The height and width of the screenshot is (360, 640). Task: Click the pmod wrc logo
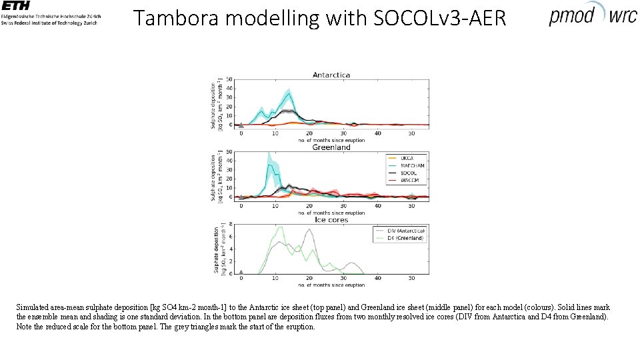tap(592, 15)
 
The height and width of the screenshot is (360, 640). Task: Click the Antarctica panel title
tap(331, 75)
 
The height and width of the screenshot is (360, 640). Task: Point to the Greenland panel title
tap(331, 147)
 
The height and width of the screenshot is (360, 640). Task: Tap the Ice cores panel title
tap(331, 219)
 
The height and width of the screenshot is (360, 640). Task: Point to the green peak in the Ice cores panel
tap(280, 227)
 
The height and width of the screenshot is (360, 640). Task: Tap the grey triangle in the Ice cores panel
tap(241, 271)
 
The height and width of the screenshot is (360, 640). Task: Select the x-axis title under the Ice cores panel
tap(331, 285)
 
